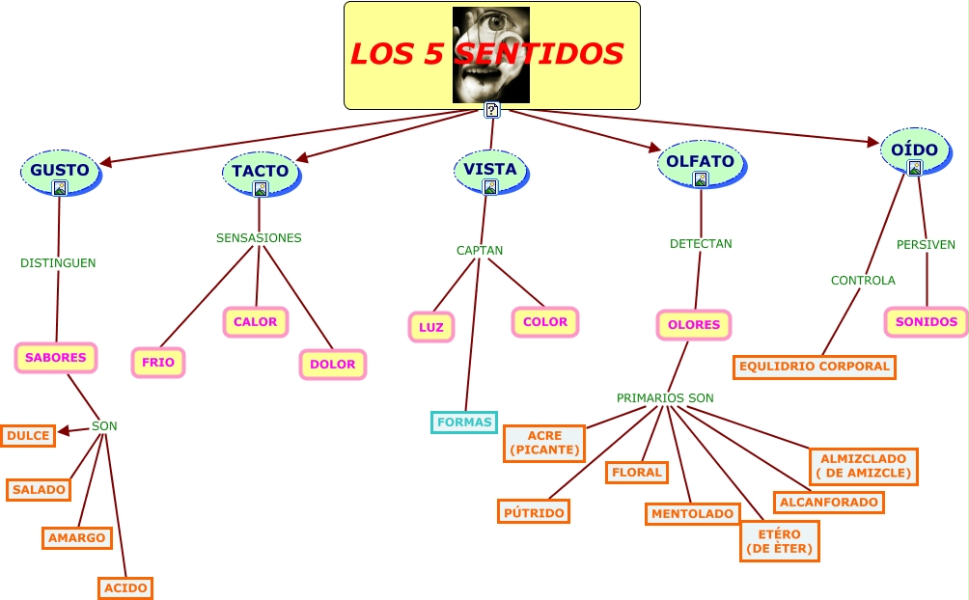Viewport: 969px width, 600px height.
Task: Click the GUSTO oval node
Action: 60,171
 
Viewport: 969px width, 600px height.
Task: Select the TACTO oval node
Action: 261,172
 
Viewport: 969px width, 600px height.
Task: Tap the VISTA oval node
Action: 490,170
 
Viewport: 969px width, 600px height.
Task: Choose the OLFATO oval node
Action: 700,162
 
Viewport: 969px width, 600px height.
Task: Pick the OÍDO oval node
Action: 914,151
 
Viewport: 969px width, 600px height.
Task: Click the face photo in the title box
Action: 491,55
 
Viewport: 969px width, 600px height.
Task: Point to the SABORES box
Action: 56,357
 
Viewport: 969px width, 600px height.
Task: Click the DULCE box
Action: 28,436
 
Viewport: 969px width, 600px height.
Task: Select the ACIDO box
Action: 125,587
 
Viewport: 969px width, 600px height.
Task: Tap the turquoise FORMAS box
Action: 464,422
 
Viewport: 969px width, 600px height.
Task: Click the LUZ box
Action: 430,327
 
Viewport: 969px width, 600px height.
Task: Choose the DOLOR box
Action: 333,365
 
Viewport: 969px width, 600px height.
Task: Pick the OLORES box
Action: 694,325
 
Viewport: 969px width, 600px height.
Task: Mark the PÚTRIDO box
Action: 534,512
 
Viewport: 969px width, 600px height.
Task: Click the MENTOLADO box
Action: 692,514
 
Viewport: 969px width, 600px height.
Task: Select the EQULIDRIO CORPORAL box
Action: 815,367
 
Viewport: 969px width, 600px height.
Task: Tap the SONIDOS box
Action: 926,322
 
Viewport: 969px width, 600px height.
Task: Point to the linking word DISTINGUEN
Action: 58,262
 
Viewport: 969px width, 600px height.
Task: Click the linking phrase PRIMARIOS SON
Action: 665,397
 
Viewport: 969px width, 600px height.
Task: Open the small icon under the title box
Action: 492,110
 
